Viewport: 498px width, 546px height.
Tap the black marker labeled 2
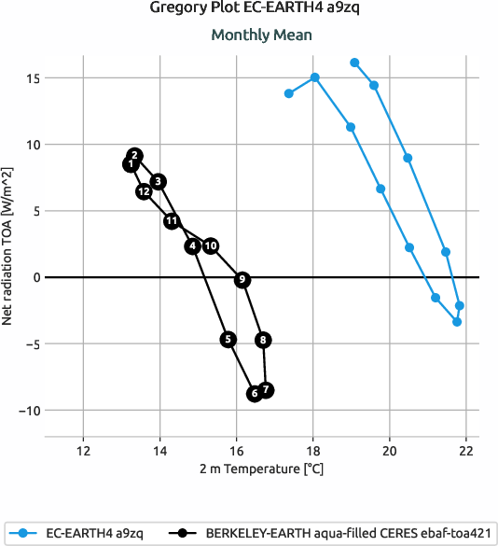point(135,156)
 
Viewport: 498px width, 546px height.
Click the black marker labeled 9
point(242,280)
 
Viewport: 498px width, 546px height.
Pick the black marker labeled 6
point(254,394)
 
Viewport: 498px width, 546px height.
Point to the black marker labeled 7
point(266,389)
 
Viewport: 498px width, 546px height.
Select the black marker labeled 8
point(264,341)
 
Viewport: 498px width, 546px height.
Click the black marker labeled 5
point(228,340)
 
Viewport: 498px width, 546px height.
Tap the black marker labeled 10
point(211,246)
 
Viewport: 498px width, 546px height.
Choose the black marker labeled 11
point(172,221)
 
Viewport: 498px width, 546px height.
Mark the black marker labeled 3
point(159,181)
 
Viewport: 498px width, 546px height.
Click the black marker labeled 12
point(144,191)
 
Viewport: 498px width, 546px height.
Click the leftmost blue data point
point(289,93)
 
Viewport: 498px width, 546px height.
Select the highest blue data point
point(354,63)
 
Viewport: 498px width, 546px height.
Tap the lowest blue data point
point(457,322)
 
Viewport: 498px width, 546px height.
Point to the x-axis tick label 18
point(313,449)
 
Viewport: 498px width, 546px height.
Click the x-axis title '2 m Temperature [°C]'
point(260,469)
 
